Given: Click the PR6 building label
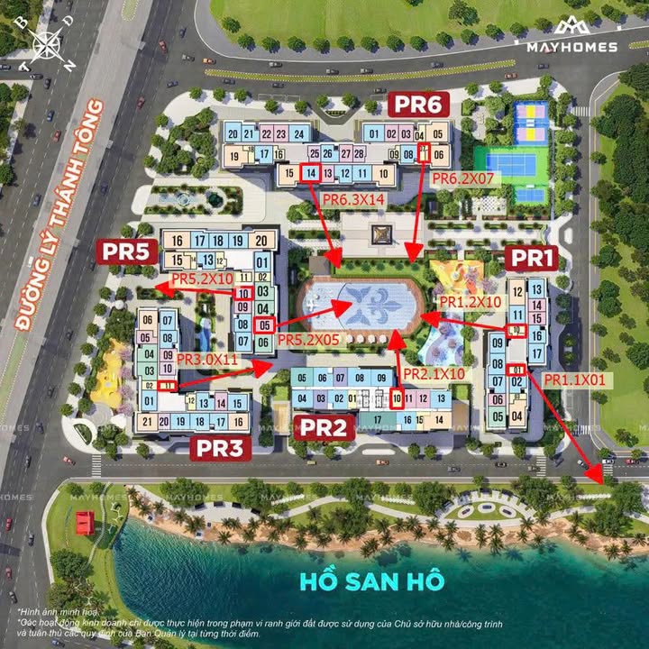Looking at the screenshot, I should point(416,105).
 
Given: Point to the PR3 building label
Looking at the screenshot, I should point(220,448).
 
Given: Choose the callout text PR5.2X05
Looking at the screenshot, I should point(308,340).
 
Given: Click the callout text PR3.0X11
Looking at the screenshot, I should point(206,359).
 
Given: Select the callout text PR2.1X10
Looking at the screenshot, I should point(434,373).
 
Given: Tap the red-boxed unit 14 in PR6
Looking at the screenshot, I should point(311,173).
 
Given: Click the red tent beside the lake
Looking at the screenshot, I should point(86,521).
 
